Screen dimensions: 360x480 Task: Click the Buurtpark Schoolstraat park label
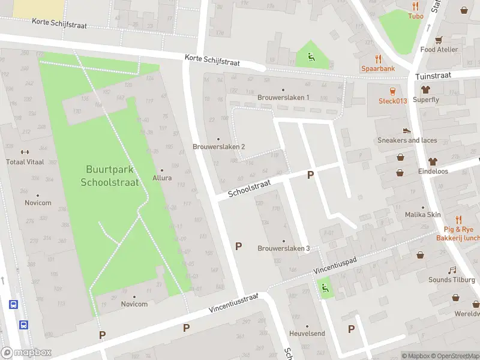pyautogui.click(x=110, y=176)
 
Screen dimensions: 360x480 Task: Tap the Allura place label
pyautogui.click(x=162, y=178)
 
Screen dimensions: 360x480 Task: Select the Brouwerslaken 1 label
pyautogui.click(x=283, y=97)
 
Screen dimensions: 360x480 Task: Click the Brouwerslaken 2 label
pyautogui.click(x=218, y=146)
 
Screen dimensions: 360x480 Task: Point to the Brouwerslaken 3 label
pyautogui.click(x=283, y=248)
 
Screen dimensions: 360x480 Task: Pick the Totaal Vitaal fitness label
pyautogui.click(x=25, y=162)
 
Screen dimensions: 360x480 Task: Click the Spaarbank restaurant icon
pyautogui.click(x=378, y=58)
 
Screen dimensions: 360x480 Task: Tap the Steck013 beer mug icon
pyautogui.click(x=392, y=91)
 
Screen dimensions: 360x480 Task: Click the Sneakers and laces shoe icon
pyautogui.click(x=407, y=130)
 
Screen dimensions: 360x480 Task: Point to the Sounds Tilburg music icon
pyautogui.click(x=452, y=270)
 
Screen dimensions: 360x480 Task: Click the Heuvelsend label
pyautogui.click(x=307, y=333)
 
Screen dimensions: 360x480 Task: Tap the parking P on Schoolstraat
pyautogui.click(x=310, y=175)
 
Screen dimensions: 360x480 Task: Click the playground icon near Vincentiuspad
pyautogui.click(x=325, y=288)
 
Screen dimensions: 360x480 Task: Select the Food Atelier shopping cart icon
pyautogui.click(x=439, y=40)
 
